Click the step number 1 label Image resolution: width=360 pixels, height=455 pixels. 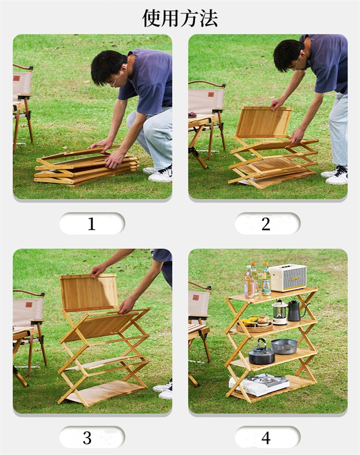pos(92,224)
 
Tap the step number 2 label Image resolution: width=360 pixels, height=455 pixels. pos(266,224)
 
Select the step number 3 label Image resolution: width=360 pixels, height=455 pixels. pos(87,438)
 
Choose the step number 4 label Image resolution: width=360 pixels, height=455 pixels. pos(266,438)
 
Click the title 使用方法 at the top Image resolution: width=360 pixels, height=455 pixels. pos(180,19)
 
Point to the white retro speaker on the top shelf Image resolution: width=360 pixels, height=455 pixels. pos(287,277)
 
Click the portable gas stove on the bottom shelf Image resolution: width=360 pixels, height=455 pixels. pos(259,384)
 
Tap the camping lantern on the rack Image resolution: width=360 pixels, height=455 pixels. pos(280,313)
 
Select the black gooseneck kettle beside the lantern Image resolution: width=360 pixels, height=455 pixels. pos(295,310)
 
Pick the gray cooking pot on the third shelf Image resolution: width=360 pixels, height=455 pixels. pos(284,346)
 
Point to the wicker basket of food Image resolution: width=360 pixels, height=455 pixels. pos(254,324)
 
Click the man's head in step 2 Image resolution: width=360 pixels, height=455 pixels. pos(289,56)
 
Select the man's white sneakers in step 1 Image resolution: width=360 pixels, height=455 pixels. pos(159,174)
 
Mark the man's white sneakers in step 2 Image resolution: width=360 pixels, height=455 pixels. pos(335,175)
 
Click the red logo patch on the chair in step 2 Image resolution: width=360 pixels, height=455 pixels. pos(211,94)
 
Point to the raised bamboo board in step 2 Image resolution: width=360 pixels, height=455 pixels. pos(264,122)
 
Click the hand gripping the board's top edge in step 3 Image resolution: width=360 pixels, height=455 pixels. pos(98,271)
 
